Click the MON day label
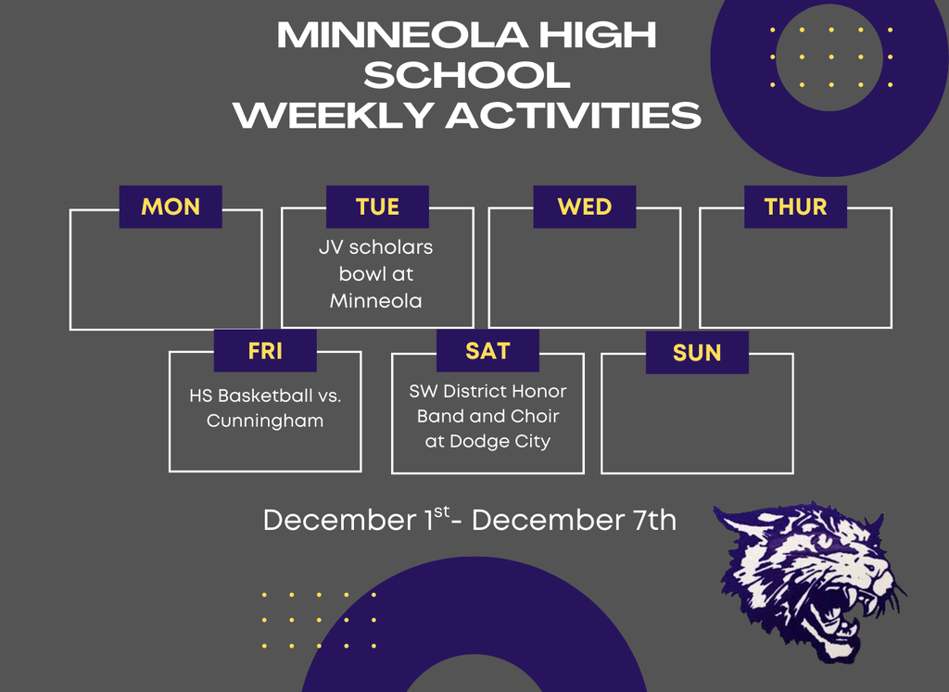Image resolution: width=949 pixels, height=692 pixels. (171, 207)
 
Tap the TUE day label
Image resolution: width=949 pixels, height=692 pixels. (378, 207)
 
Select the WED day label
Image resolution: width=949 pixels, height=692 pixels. (585, 207)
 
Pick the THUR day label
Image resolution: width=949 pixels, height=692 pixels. (795, 207)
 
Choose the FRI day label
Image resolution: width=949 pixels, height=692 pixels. (265, 351)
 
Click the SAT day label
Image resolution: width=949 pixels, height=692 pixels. (487, 351)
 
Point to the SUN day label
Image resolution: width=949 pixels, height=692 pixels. (697, 353)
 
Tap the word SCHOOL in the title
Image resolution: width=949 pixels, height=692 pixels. (467, 75)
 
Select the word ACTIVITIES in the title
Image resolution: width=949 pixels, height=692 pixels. (574, 115)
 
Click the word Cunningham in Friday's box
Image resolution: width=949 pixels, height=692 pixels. (265, 421)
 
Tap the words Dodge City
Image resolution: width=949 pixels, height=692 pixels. (500, 442)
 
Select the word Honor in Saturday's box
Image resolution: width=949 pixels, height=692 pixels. (540, 391)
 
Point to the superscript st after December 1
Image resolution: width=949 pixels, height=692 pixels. (442, 511)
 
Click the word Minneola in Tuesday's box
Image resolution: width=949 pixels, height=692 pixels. (376, 301)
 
